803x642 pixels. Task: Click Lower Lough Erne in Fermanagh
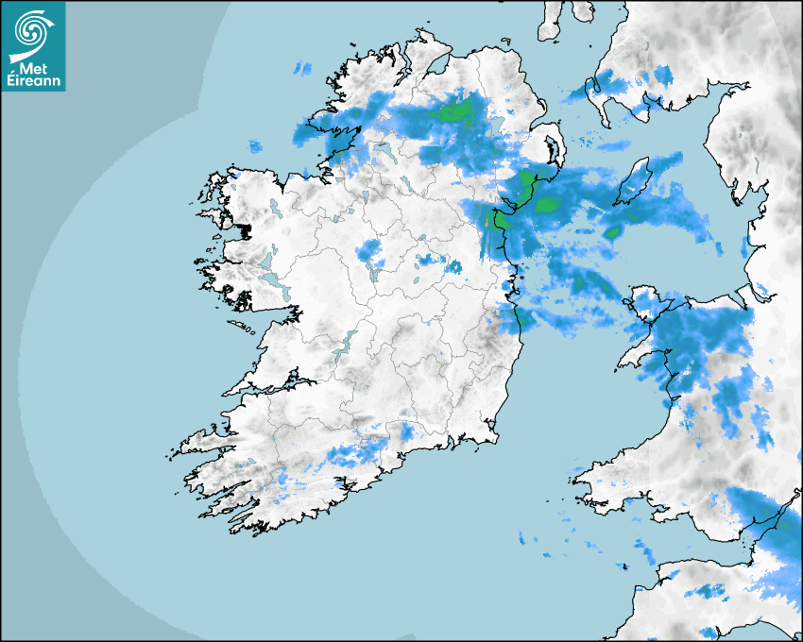[385, 151]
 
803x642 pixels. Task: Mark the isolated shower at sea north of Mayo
[255, 146]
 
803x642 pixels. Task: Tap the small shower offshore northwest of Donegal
[302, 68]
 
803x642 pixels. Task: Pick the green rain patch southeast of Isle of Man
[612, 231]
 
